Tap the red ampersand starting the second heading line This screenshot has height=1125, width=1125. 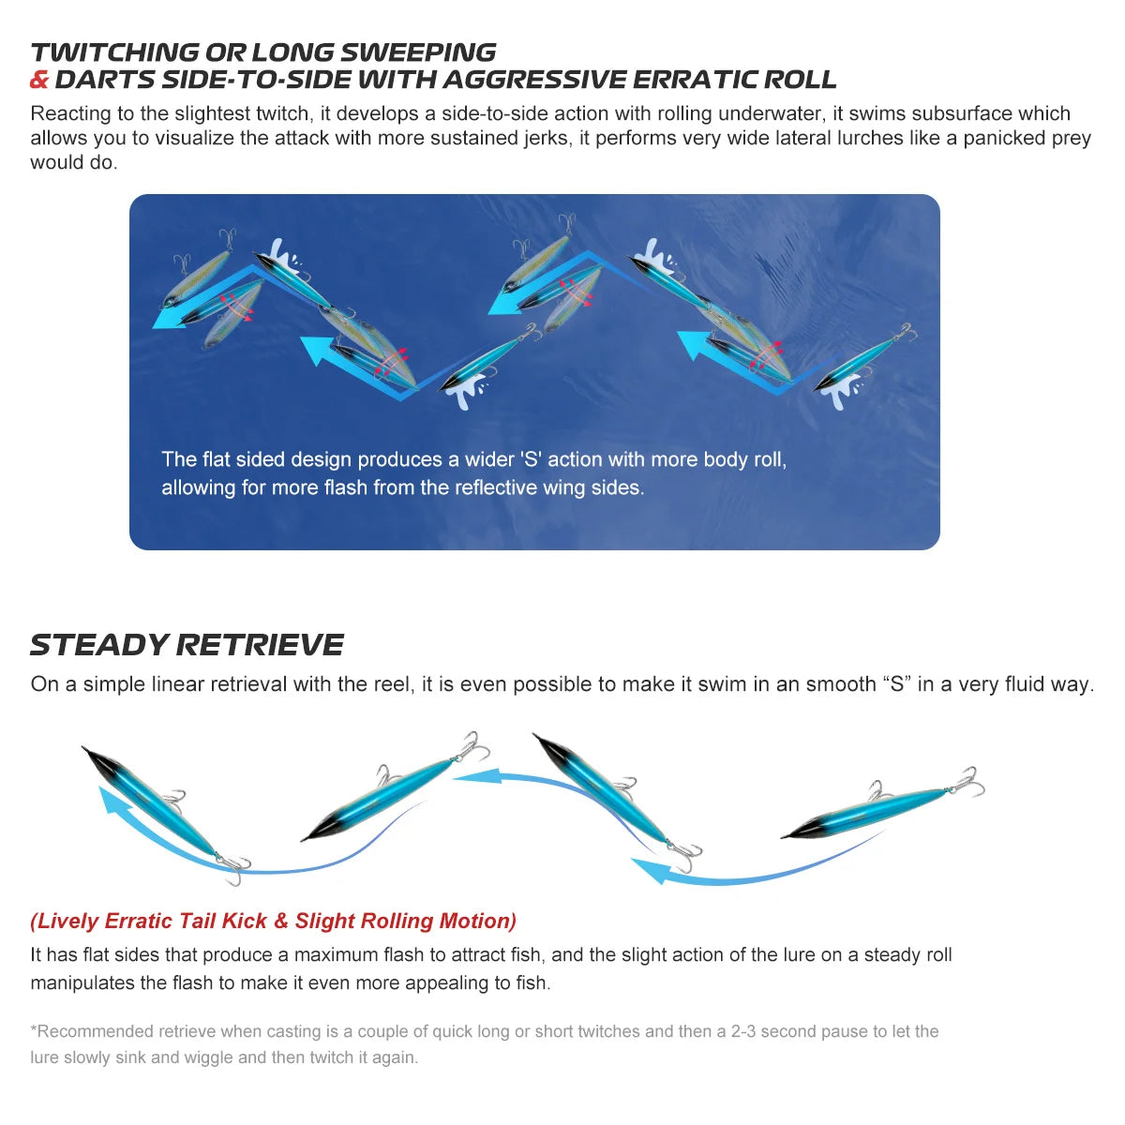[39, 80]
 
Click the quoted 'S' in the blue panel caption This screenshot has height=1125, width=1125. [530, 459]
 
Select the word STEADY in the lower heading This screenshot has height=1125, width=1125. [99, 645]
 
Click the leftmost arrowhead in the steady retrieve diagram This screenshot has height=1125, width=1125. [110, 799]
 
